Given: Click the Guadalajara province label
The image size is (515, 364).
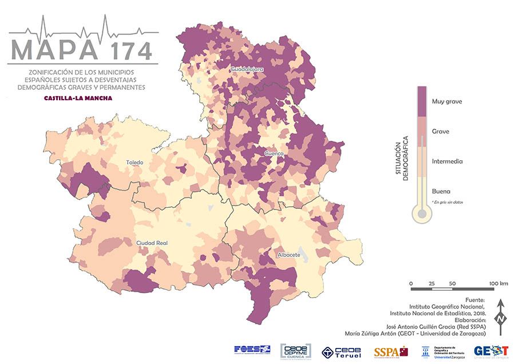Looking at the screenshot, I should (x=247, y=69).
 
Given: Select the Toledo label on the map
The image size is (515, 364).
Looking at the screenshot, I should (x=135, y=163).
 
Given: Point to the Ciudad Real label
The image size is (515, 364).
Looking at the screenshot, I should (x=152, y=243).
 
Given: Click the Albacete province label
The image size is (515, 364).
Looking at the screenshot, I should (x=289, y=255).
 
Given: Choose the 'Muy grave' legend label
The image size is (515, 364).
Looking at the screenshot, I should (x=447, y=101).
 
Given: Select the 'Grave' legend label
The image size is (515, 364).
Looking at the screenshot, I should (x=440, y=132).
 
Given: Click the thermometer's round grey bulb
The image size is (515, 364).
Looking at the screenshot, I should (x=422, y=215).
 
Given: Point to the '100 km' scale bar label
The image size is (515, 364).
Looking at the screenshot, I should (x=498, y=284).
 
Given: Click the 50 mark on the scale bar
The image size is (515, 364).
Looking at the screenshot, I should (x=452, y=284).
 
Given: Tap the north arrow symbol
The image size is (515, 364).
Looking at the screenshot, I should (x=500, y=318).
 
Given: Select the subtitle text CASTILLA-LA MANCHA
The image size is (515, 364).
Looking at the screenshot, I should (x=78, y=98).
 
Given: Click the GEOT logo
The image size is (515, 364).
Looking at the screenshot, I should (x=491, y=351).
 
